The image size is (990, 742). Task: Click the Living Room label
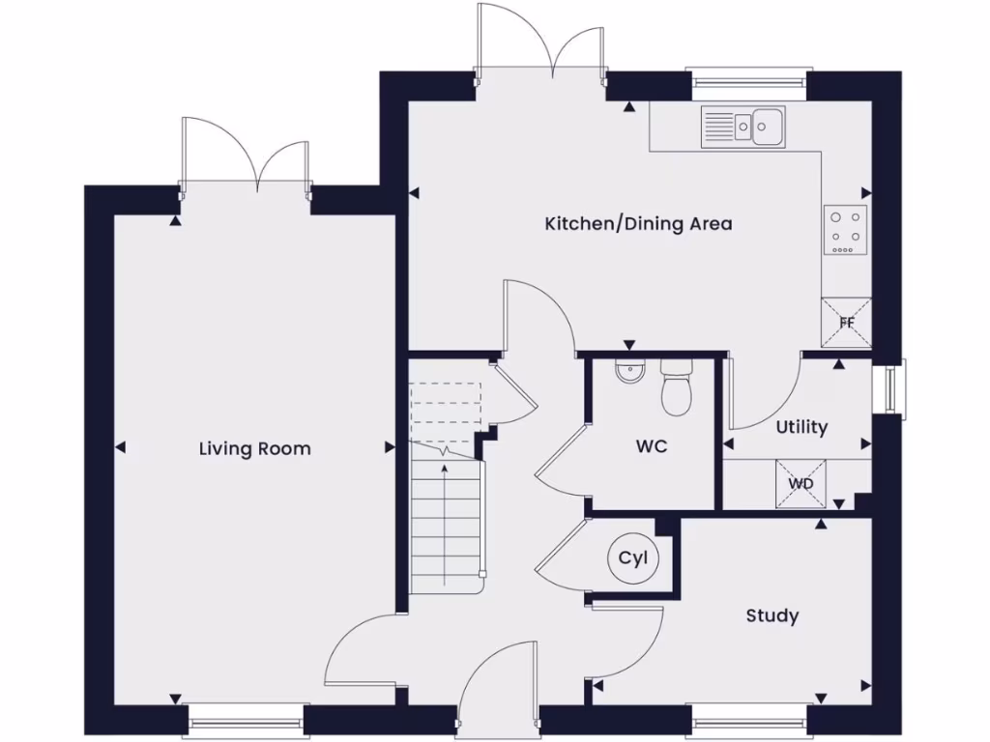(x=255, y=448)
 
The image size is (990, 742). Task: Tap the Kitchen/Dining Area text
(x=638, y=224)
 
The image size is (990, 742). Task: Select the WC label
(x=651, y=447)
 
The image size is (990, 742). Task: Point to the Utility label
(x=801, y=427)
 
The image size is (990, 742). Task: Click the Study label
(x=772, y=615)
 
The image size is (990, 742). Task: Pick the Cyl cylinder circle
(x=632, y=558)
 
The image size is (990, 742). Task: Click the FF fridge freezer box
(x=846, y=323)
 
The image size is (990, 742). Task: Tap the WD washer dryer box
(x=801, y=483)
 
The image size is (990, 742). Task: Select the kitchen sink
(x=743, y=126)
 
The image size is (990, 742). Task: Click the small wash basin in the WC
(x=628, y=371)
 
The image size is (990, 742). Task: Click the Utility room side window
(x=888, y=389)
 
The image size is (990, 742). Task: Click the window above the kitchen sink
(x=748, y=81)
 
